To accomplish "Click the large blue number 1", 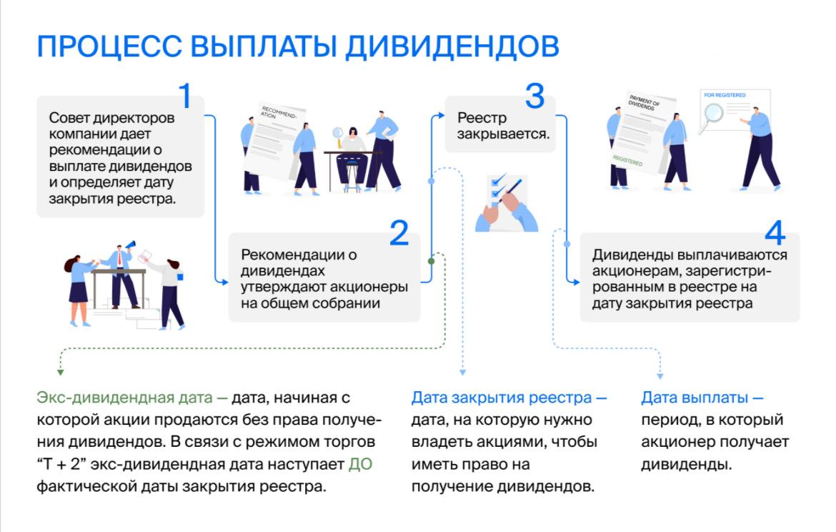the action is click(185, 97).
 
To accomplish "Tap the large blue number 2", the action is click(399, 233).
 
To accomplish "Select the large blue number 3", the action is click(534, 97).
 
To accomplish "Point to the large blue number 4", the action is click(775, 233).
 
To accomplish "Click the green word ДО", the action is click(360, 465).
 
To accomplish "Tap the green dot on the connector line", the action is click(431, 261).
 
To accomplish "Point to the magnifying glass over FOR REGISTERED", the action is click(712, 113).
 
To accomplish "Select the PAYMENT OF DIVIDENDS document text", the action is click(642, 107).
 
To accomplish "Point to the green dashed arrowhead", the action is click(61, 372).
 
